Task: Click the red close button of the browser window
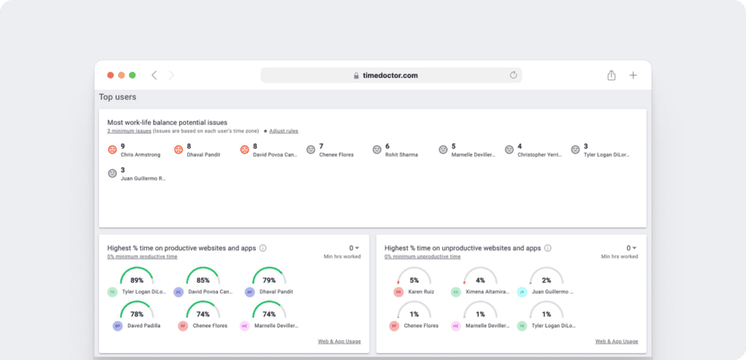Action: pyautogui.click(x=111, y=75)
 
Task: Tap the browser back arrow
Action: pyautogui.click(x=154, y=75)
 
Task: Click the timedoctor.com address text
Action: pyautogui.click(x=390, y=75)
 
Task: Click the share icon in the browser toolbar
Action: pyautogui.click(x=611, y=75)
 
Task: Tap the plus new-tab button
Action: pyautogui.click(x=633, y=75)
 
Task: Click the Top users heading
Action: pyautogui.click(x=117, y=97)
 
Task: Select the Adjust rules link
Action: pyautogui.click(x=283, y=131)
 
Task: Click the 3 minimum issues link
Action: pyautogui.click(x=129, y=131)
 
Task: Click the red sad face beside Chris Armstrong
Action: pyautogui.click(x=112, y=149)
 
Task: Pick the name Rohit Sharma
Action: pyautogui.click(x=401, y=154)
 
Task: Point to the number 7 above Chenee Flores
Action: pyautogui.click(x=321, y=146)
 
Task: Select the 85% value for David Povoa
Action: pyautogui.click(x=203, y=280)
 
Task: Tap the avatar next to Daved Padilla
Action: pyautogui.click(x=117, y=326)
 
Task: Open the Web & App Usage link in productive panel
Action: pyautogui.click(x=339, y=341)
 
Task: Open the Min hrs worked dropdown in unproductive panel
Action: pyautogui.click(x=631, y=248)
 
